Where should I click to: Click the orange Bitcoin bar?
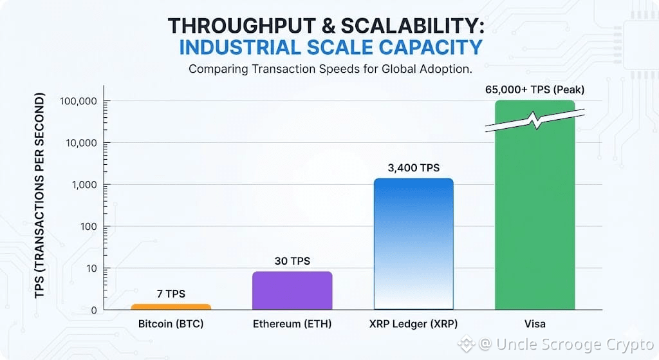click(x=171, y=307)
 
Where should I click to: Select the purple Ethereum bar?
click(x=292, y=290)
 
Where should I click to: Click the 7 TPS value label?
click(x=171, y=294)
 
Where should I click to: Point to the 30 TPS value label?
click(x=292, y=261)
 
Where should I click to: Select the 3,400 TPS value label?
click(x=413, y=168)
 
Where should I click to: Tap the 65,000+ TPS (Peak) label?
click(x=534, y=90)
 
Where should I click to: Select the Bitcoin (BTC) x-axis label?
click(x=171, y=323)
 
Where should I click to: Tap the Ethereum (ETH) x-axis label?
click(x=292, y=323)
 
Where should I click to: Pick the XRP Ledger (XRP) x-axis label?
click(x=413, y=323)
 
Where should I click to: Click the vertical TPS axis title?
click(x=40, y=196)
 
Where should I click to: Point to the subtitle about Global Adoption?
click(x=329, y=69)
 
